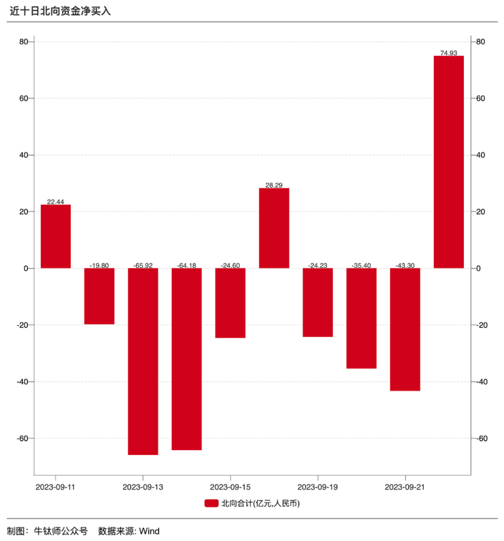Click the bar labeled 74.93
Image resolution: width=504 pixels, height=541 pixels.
point(448,162)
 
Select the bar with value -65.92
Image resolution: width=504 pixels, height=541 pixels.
point(143,361)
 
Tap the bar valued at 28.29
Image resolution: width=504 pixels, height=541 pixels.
point(274,228)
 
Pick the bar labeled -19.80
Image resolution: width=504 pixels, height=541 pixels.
point(99,296)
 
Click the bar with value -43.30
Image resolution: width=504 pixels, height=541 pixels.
point(405,329)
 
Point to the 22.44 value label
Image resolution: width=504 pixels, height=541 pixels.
point(56,202)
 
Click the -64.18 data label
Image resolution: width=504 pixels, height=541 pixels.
point(187,266)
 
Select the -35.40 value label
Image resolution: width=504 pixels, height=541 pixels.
point(361,266)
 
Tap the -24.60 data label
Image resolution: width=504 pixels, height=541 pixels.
point(231,266)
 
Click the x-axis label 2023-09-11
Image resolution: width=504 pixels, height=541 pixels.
point(56,487)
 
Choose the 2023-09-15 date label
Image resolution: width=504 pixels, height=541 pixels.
point(230,487)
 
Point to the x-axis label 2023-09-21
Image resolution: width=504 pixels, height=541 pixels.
point(405,487)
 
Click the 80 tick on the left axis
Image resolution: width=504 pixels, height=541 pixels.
point(24,42)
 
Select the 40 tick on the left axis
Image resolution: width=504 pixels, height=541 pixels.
point(24,155)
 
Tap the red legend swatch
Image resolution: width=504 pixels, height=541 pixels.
point(211,503)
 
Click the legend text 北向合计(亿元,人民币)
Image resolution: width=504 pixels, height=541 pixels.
point(260,503)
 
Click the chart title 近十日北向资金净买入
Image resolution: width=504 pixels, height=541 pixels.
point(60,11)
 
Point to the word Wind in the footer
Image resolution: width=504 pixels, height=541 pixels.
point(149,531)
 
